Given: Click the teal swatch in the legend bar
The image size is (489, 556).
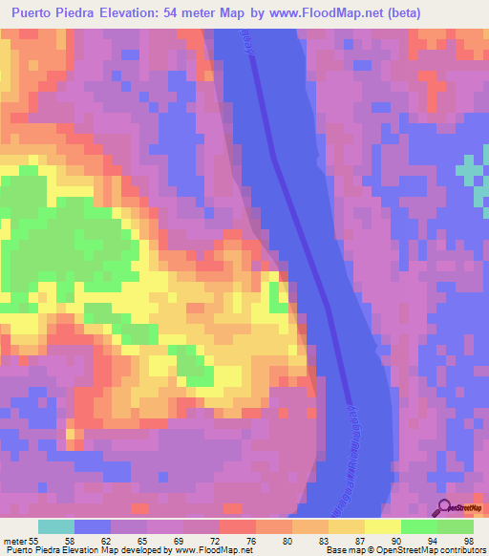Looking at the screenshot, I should (55, 526).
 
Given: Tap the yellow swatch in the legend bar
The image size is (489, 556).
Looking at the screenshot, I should (382, 526).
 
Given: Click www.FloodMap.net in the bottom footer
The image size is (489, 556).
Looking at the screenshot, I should (205, 551).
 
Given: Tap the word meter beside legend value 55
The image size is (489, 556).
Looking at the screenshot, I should (15, 542).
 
